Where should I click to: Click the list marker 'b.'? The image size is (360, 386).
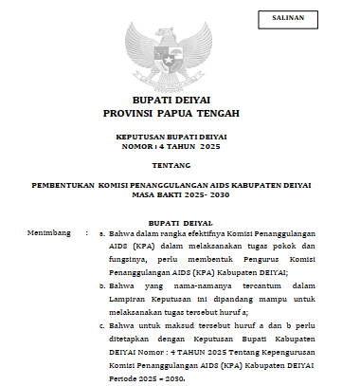pyautogui.click(x=102, y=283)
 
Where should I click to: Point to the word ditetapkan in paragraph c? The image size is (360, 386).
pyautogui.click(x=133, y=340)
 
